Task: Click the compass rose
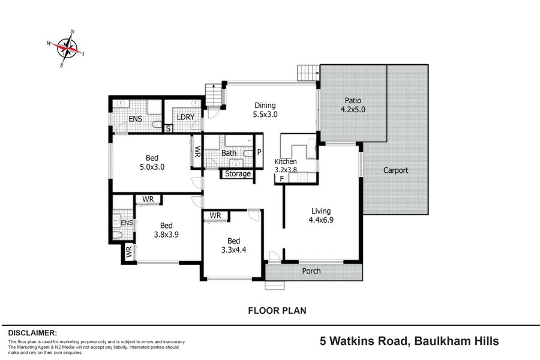66,48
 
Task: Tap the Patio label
353,101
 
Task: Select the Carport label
396,170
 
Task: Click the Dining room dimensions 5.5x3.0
265,115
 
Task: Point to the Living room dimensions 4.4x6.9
321,220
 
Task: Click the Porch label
311,271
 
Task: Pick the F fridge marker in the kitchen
282,178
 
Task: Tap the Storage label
238,174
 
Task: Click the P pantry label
259,152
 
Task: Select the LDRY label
185,117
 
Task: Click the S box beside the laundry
169,128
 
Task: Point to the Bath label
229,153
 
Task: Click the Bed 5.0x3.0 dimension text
152,167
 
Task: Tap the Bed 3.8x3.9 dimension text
166,234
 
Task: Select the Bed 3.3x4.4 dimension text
234,250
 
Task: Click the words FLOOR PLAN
277,311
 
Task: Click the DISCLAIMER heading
32,333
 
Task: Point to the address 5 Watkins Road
364,341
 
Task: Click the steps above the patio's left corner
308,73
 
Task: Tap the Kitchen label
286,161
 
